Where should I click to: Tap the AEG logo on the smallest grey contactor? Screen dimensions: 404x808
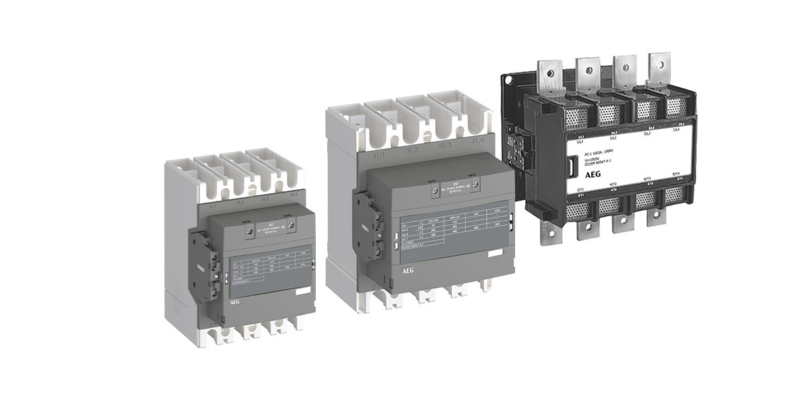point(214,302)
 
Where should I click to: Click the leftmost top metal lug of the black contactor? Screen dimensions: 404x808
point(550,76)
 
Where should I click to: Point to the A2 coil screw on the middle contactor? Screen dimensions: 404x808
point(475,184)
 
